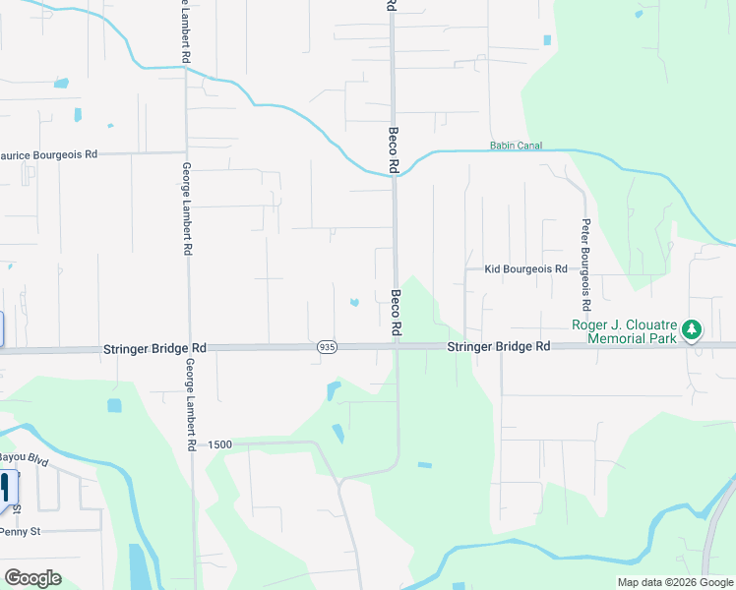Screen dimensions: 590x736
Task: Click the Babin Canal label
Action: pyautogui.click(x=516, y=147)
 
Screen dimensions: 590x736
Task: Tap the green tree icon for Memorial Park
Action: pyautogui.click(x=692, y=329)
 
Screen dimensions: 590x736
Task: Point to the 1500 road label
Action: pyautogui.click(x=219, y=445)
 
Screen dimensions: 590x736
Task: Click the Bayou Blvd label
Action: pyautogui.click(x=22, y=459)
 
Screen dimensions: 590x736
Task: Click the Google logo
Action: pyautogui.click(x=32, y=578)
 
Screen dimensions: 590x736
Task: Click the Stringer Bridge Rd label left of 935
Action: pyautogui.click(x=154, y=348)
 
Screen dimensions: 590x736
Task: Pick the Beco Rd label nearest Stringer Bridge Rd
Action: pyautogui.click(x=396, y=310)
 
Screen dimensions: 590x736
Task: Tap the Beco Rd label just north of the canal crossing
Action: pyautogui.click(x=392, y=150)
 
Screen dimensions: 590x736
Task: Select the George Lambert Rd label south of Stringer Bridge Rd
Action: pyautogui.click(x=189, y=404)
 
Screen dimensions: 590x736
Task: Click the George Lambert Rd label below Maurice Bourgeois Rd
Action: pyautogui.click(x=186, y=208)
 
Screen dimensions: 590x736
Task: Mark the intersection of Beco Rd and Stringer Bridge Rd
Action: pyautogui.click(x=397, y=346)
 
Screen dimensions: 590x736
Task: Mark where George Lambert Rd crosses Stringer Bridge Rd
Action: pyautogui.click(x=188, y=348)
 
